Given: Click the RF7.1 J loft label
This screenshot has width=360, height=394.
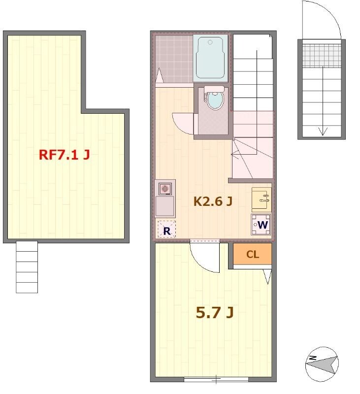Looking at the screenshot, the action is tap(65, 155).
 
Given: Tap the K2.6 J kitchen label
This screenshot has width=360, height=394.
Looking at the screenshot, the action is tap(213, 201).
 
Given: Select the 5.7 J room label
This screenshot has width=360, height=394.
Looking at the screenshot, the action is tap(215, 313).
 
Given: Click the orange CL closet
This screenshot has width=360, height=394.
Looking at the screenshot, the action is tap(252, 254).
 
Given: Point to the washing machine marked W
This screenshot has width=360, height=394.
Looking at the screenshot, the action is tap(261, 225).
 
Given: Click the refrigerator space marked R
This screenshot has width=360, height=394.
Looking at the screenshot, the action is tap(166, 229).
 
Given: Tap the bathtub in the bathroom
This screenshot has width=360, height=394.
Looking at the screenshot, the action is tap(210, 58).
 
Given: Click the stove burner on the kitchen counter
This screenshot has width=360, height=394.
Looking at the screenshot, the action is tap(165, 189).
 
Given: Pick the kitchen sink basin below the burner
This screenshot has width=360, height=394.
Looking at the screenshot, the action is tap(165, 206).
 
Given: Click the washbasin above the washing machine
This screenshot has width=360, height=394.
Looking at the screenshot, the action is tap(262, 199).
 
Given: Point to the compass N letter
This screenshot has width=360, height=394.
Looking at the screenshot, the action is tap(313, 358).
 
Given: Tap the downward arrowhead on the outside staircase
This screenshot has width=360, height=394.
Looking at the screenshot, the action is tap(323, 131).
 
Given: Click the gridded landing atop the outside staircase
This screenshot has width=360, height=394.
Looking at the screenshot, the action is tap(322, 55).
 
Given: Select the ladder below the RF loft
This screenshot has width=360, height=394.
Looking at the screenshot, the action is tap(27, 267).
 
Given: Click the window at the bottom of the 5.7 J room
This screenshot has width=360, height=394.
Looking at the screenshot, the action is tap(216, 379).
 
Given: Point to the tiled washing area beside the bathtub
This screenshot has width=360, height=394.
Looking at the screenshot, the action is tap(174, 59).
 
